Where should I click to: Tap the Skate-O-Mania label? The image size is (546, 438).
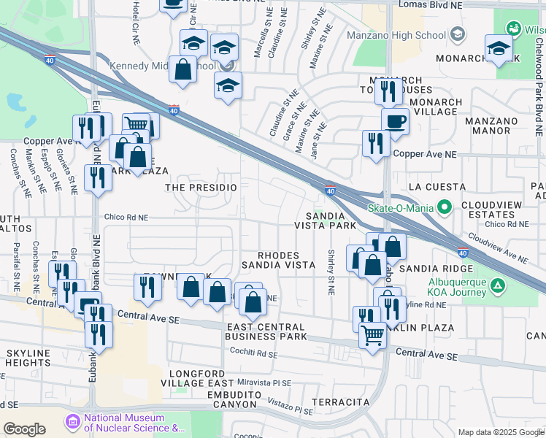401,208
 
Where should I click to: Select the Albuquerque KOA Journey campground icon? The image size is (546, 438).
497,284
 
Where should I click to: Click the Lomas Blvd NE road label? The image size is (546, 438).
429,4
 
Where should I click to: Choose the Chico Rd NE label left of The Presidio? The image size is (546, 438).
126,217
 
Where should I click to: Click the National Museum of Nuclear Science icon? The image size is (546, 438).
72,423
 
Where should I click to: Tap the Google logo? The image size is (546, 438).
24,429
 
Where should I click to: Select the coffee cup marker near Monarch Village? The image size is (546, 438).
395,121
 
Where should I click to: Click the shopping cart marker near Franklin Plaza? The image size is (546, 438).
373,336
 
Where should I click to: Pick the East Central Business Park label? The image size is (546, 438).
266,331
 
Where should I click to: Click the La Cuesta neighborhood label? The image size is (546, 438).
436,187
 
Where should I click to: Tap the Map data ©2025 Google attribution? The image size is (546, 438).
501,432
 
